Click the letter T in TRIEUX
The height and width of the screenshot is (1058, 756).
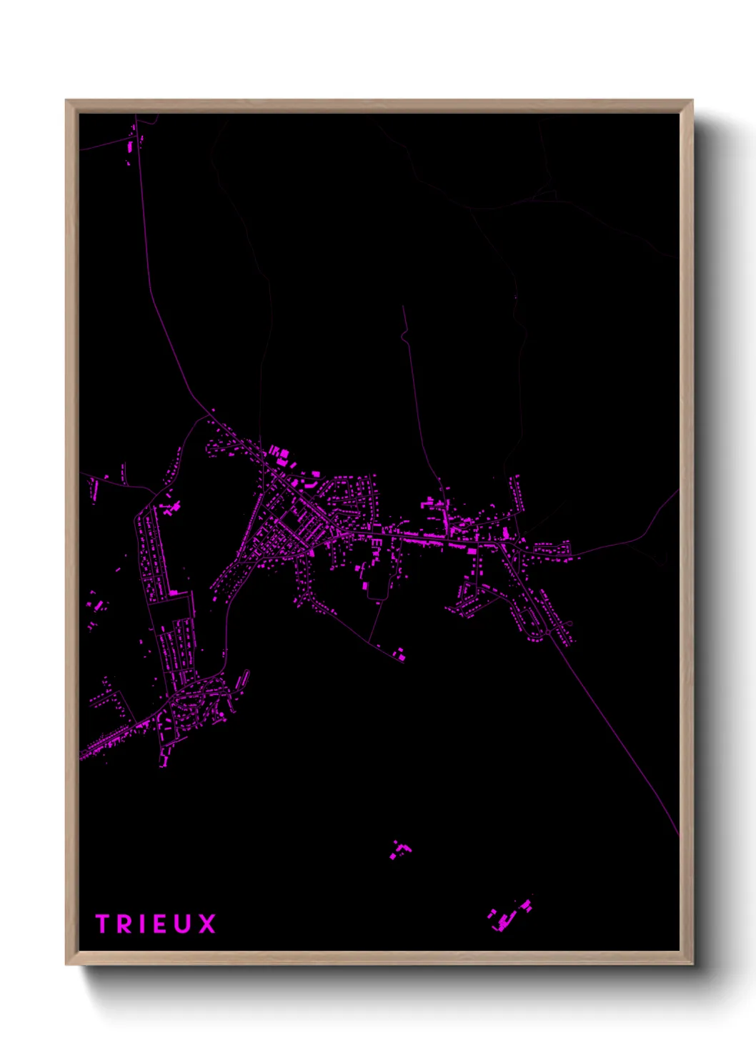(x=102, y=924)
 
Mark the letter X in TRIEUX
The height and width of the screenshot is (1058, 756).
(x=207, y=924)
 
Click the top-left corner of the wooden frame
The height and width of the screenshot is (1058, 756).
(x=66, y=101)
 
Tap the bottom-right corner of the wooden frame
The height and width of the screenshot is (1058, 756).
(x=692, y=964)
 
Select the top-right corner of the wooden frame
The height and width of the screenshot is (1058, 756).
(x=692, y=101)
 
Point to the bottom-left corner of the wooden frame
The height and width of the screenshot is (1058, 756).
(x=66, y=964)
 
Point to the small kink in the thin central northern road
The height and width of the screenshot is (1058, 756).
(x=405, y=336)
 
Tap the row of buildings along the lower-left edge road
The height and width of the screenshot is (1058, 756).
(x=111, y=740)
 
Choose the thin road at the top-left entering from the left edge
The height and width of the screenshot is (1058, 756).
(x=100, y=147)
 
